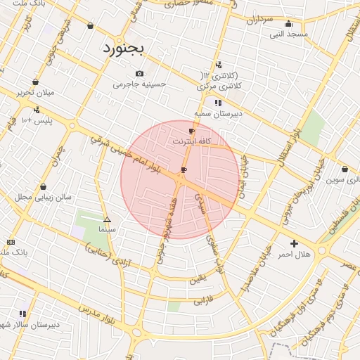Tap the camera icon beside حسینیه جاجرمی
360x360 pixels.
point(139,74)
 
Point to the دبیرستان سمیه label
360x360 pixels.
point(218,112)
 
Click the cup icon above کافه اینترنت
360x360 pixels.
point(191,131)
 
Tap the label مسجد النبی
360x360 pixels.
point(289,33)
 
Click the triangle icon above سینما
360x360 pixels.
point(107,219)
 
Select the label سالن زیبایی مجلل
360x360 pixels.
point(44,198)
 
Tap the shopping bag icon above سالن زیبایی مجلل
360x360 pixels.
point(44,187)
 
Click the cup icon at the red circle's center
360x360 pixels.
point(184,170)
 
